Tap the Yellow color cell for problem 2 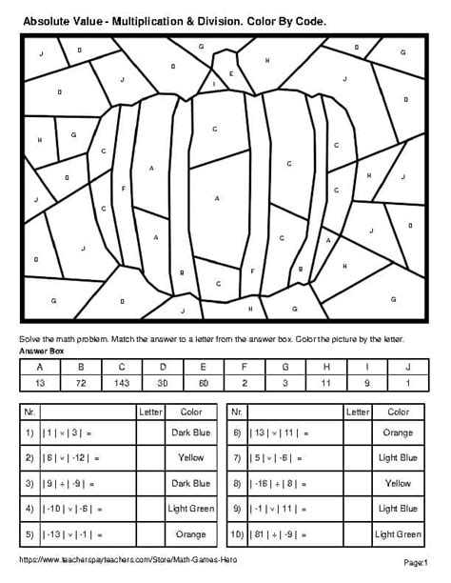coord(191,458)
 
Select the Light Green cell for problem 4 coord(191,510)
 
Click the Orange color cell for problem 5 coord(191,535)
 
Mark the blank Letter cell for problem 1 coord(150,432)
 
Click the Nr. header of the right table coord(239,412)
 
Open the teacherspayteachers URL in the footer coord(118,560)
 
